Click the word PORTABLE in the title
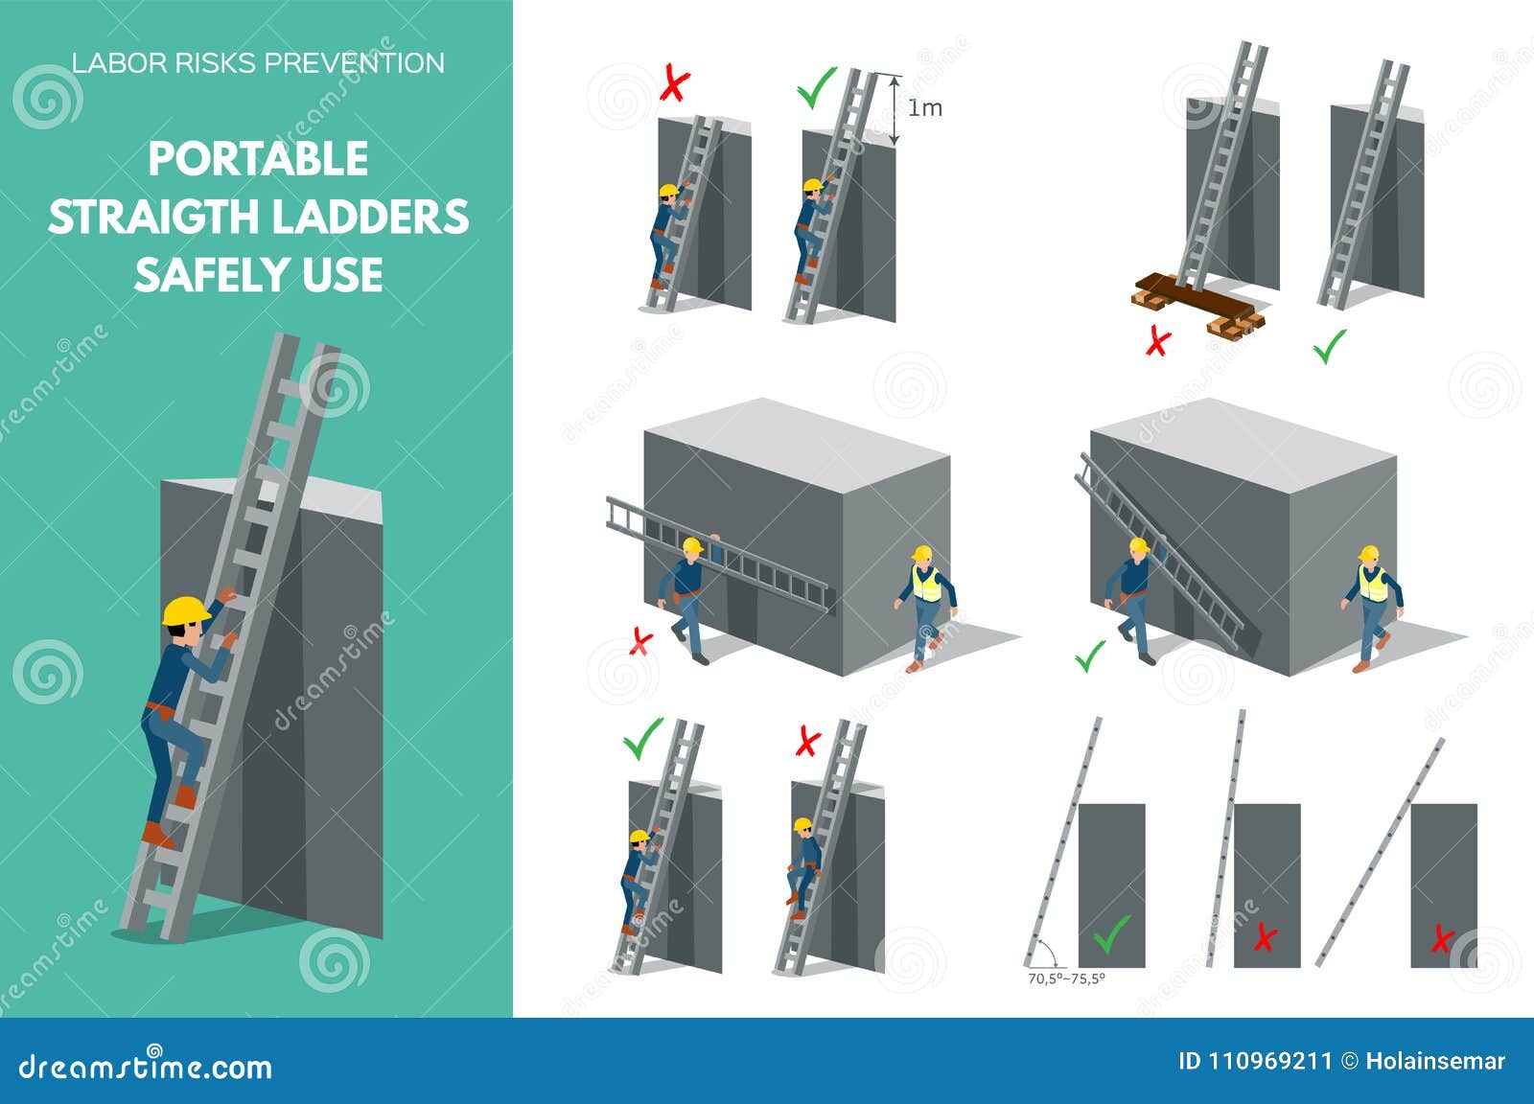click(258, 159)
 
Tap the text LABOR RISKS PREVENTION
click(258, 63)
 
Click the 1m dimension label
click(925, 108)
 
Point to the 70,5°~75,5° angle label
click(1066, 979)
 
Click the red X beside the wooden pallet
click(1158, 341)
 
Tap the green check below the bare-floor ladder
click(1330, 346)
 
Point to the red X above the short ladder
click(675, 85)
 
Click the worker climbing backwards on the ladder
click(804, 862)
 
